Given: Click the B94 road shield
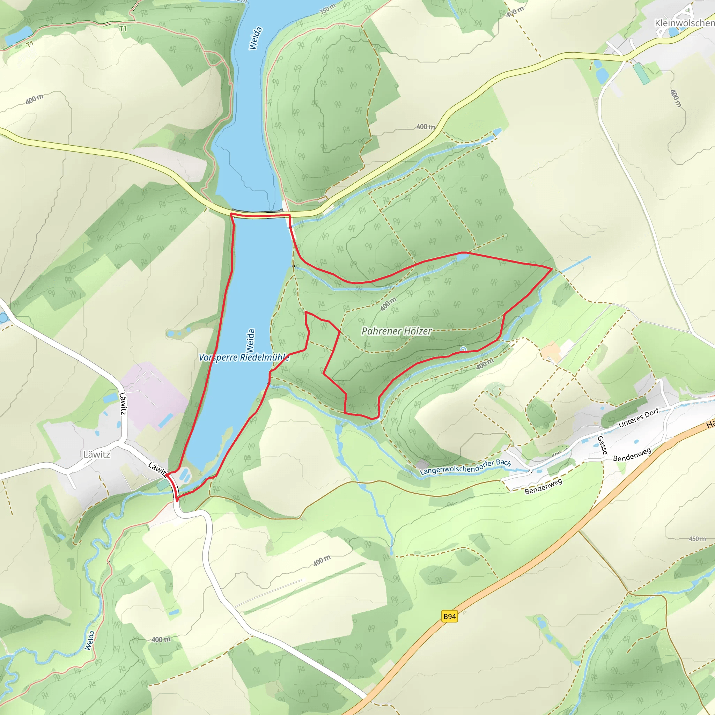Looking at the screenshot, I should coord(449,617).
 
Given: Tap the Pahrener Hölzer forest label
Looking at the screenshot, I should coord(396,331).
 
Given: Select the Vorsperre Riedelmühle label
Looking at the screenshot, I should coord(244,357).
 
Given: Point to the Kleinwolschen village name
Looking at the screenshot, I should coord(684,23).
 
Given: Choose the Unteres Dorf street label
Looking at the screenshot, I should coord(639,418).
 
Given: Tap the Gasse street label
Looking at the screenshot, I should coord(602,445).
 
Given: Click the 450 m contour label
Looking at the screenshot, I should coord(697,539).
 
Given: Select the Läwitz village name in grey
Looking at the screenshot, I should coord(97,455).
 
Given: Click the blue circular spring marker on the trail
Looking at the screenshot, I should coord(463,349).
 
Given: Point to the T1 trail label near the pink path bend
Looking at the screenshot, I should coord(123,29).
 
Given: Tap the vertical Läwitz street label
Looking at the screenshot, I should coord(123,403).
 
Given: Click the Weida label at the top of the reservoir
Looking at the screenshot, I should coord(255,38).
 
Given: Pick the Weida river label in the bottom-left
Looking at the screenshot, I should coord(89,640).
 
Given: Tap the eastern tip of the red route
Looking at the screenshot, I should coord(552,268).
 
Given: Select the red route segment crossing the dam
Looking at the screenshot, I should coord(260,214).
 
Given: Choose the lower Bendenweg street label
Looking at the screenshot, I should coord(543,486).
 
